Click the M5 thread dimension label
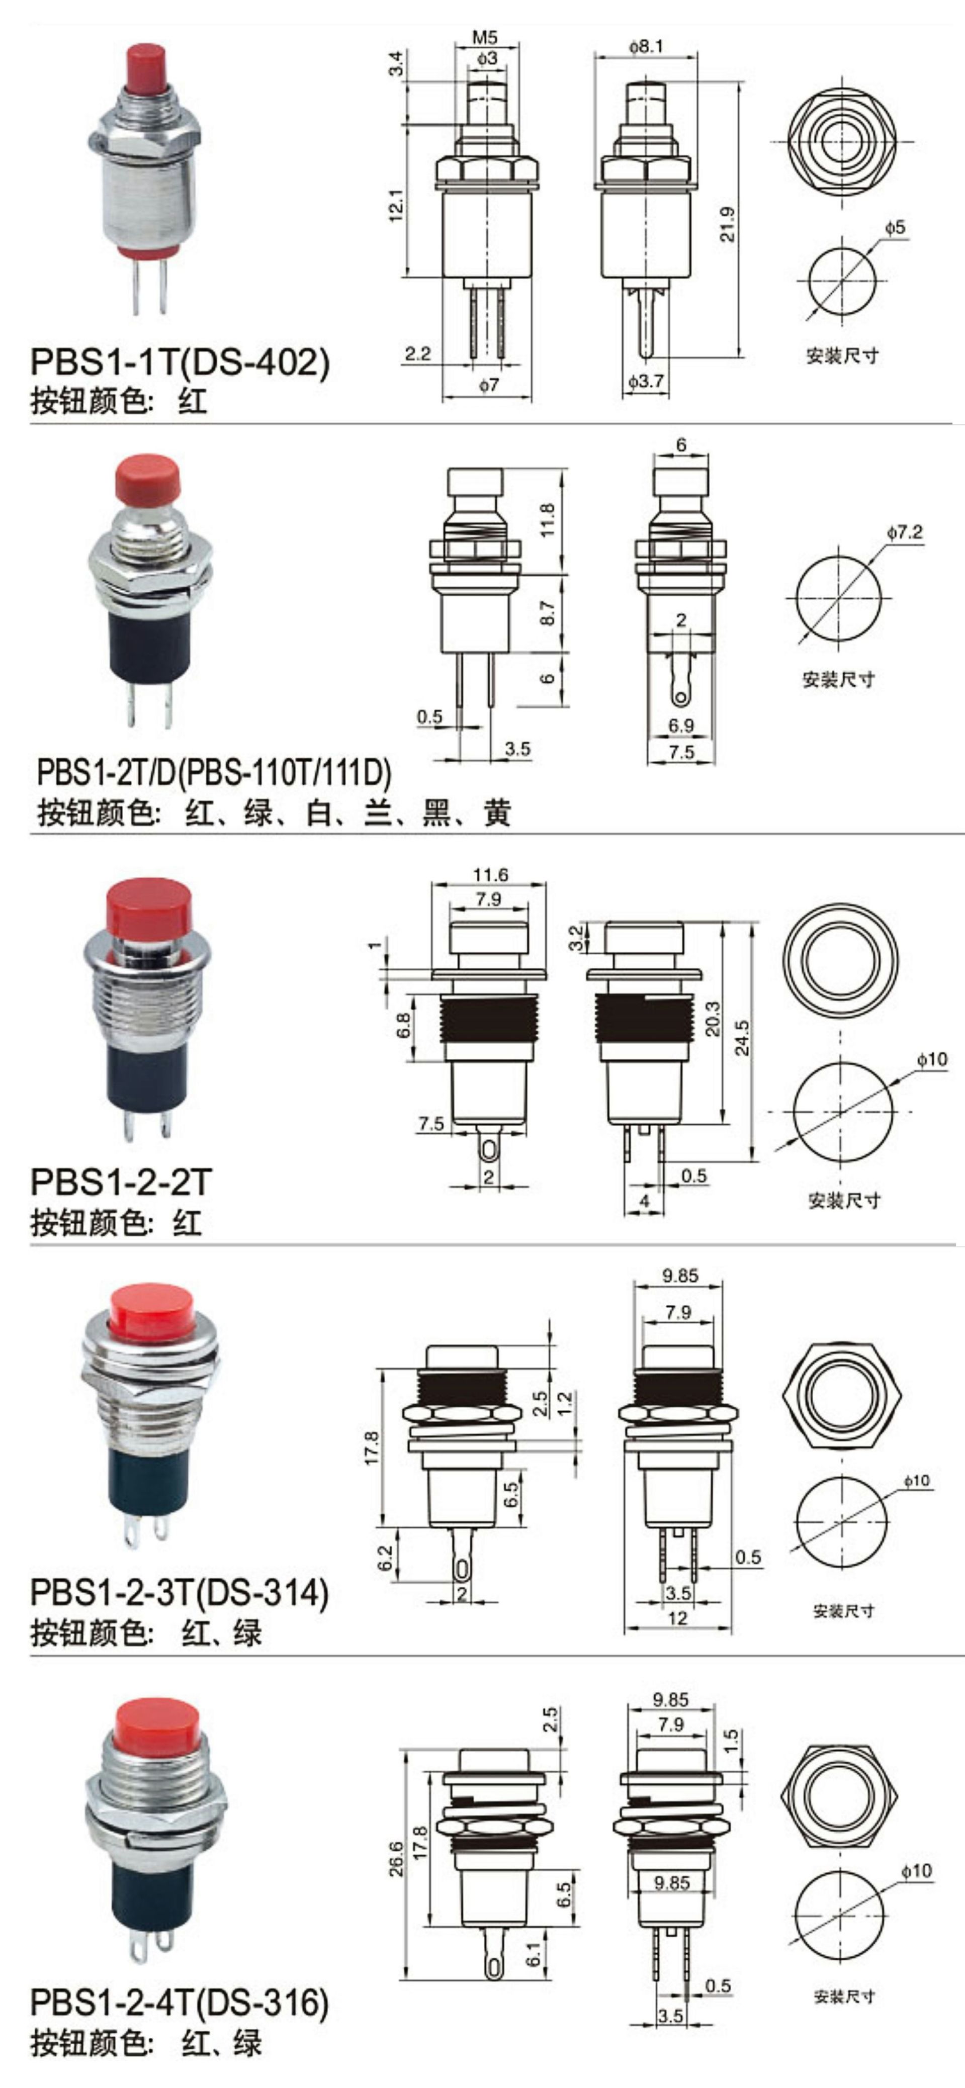click(484, 37)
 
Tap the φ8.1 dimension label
click(646, 46)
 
